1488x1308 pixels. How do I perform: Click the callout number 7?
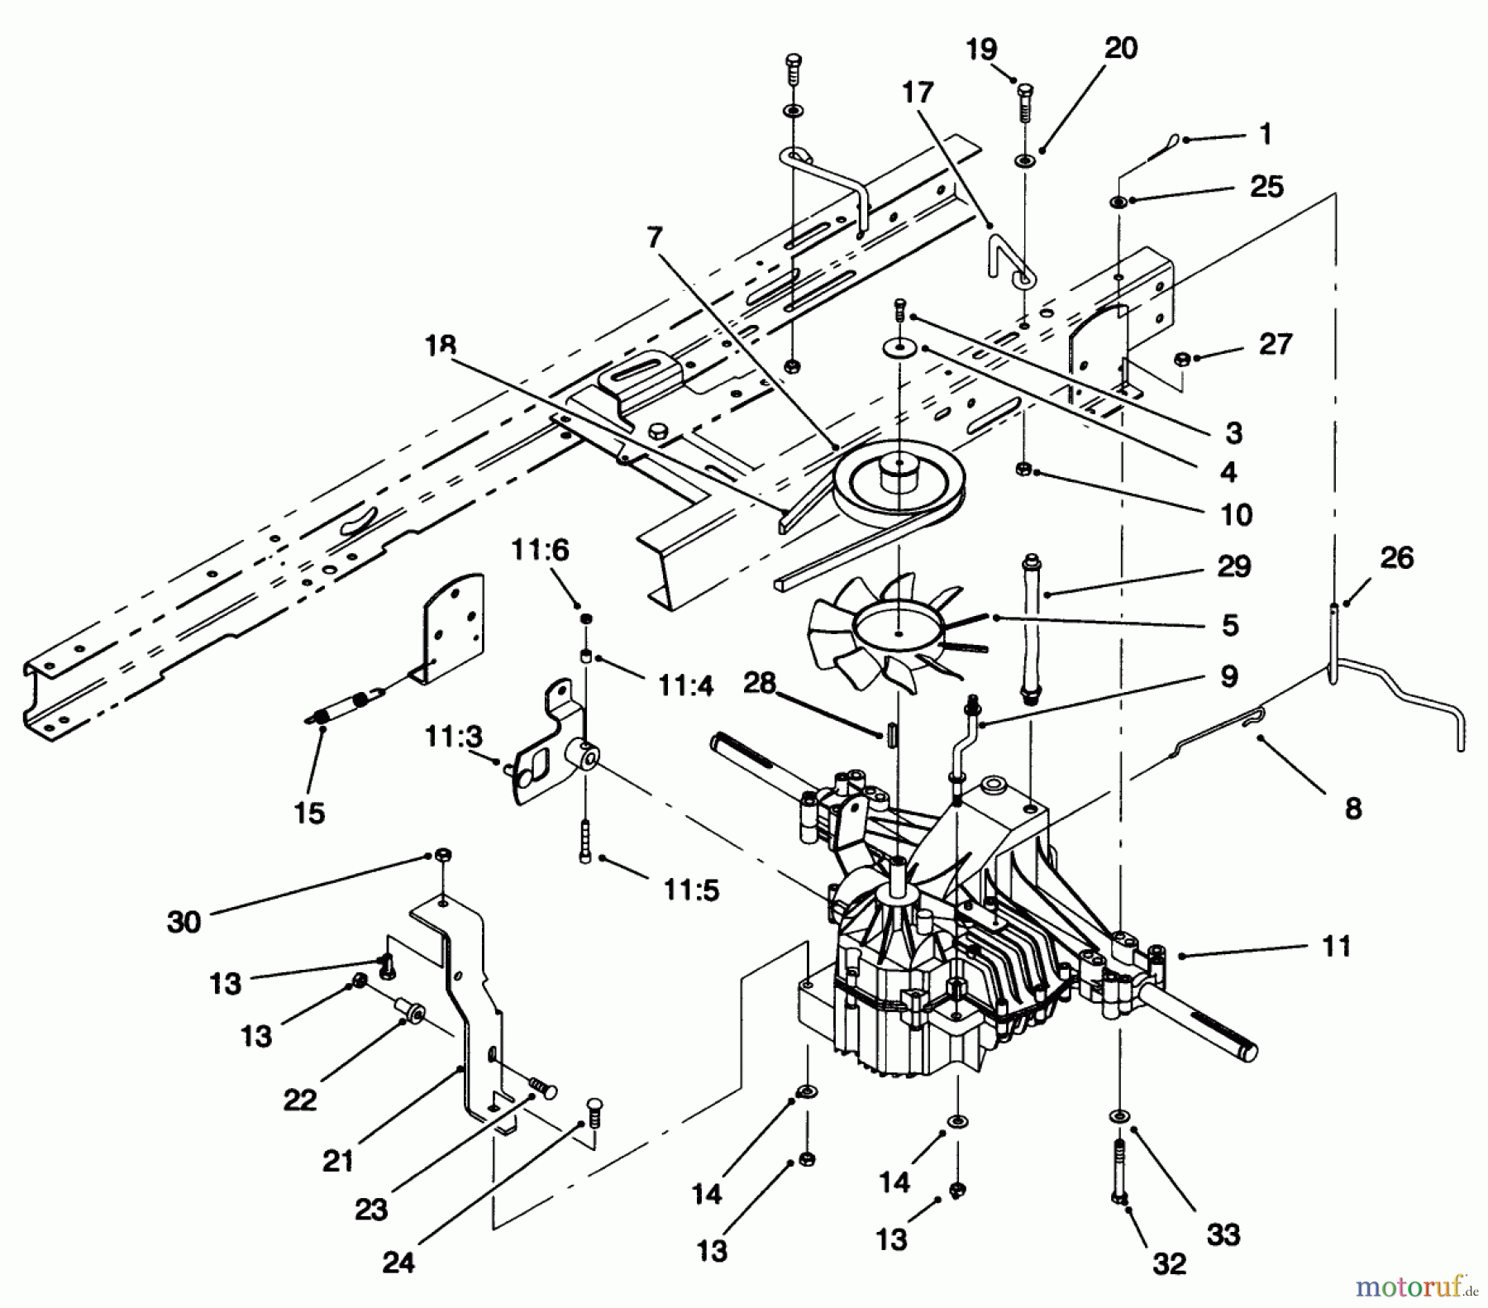click(655, 239)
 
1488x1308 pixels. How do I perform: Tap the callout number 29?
click(1233, 567)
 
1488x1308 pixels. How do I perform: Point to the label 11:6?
click(540, 549)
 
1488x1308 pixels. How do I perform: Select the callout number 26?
click(1397, 558)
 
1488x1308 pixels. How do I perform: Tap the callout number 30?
click(184, 922)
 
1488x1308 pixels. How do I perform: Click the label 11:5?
click(690, 890)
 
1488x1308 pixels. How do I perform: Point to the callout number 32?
click(1168, 1263)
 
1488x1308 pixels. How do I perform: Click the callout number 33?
click(1223, 1235)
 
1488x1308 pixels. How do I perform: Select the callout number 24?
click(398, 1263)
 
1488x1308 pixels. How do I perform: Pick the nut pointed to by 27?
click(1182, 358)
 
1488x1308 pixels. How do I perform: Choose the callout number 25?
click(1266, 187)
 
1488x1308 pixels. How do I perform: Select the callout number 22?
click(299, 1100)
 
